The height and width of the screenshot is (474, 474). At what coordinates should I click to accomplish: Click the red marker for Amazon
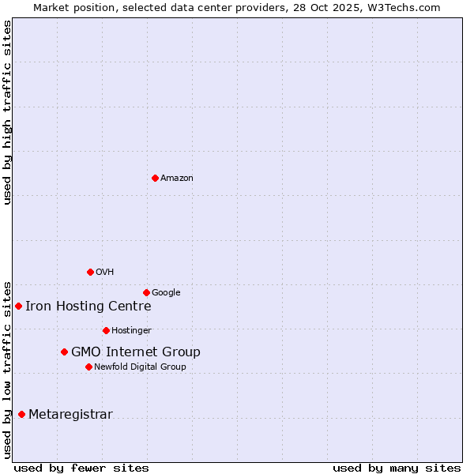pos(155,178)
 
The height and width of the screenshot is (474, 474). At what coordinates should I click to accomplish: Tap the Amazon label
pos(177,179)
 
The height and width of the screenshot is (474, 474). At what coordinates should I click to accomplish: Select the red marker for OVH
pos(90,272)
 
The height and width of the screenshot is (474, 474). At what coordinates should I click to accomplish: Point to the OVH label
pos(105,273)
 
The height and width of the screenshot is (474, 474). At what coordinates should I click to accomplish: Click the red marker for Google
pos(146,292)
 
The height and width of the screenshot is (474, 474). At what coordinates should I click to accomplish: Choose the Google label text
pos(166,293)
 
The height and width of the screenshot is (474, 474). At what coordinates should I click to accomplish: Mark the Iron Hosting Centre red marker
pos(18,306)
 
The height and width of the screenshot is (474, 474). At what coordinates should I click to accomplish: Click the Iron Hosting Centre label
pos(88,307)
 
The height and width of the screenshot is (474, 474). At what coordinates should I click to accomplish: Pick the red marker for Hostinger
pos(106,330)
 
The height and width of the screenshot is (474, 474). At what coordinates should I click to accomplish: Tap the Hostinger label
pos(131,331)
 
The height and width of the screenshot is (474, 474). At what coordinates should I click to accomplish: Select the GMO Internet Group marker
pos(64,352)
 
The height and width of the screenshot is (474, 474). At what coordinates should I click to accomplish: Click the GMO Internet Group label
pos(135,352)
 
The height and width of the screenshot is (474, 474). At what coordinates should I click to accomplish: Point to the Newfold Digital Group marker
pos(88,367)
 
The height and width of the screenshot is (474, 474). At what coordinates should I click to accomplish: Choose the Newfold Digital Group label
pos(140,367)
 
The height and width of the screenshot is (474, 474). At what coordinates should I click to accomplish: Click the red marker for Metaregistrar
pos(21,414)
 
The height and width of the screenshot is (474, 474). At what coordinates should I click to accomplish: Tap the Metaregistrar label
pos(70,415)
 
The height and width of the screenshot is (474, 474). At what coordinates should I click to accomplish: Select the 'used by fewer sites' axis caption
pos(81,468)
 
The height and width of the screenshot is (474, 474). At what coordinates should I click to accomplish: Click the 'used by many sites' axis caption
pos(397,468)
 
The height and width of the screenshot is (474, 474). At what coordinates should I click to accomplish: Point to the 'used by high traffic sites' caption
pos(8,112)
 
